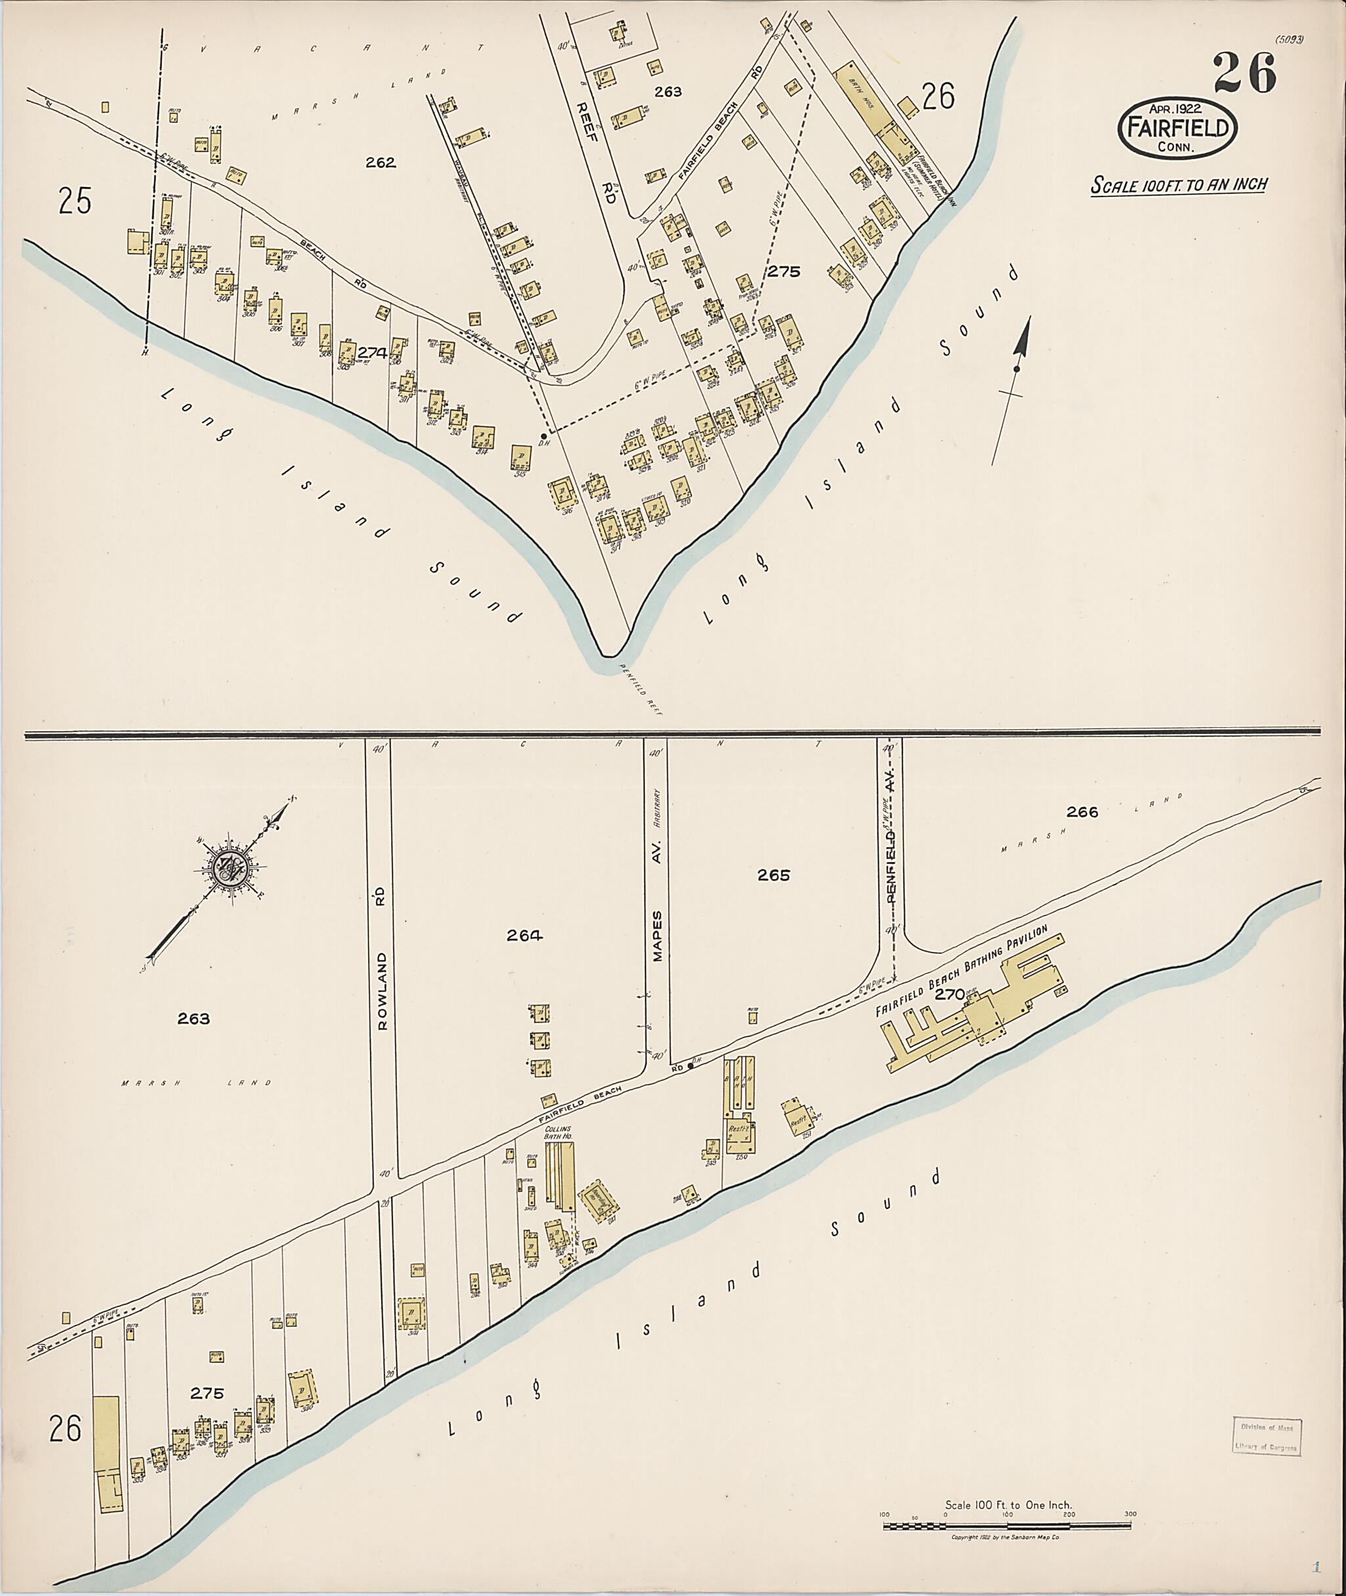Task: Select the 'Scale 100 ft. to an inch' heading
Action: pos(1178,185)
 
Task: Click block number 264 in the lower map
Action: pos(525,935)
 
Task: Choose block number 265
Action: pos(774,875)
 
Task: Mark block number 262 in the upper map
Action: pos(380,162)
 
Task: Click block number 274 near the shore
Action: pos(371,352)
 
